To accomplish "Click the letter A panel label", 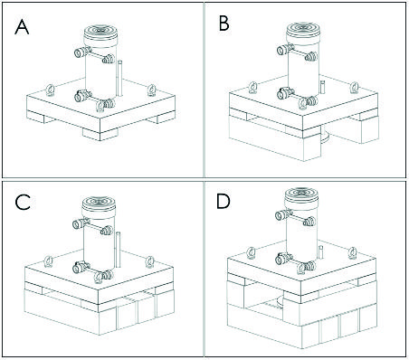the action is [x=22, y=27].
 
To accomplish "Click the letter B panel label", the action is [x=224, y=24].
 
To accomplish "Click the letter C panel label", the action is [x=23, y=202].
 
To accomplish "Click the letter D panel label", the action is [x=224, y=203].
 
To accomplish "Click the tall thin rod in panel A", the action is [x=119, y=79].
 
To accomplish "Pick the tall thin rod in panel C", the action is [x=118, y=250].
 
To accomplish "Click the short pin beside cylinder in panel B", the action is [x=322, y=87].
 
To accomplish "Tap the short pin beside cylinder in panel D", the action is [x=321, y=252].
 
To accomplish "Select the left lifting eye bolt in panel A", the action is [x=50, y=90].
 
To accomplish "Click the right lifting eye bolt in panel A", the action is [x=152, y=90].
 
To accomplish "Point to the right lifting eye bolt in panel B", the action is [x=354, y=88].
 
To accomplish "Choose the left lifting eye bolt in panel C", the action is [x=48, y=261].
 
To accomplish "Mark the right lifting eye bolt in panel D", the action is [x=352, y=252].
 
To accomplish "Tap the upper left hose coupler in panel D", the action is [x=283, y=214].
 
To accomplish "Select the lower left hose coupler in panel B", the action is [x=285, y=93].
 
